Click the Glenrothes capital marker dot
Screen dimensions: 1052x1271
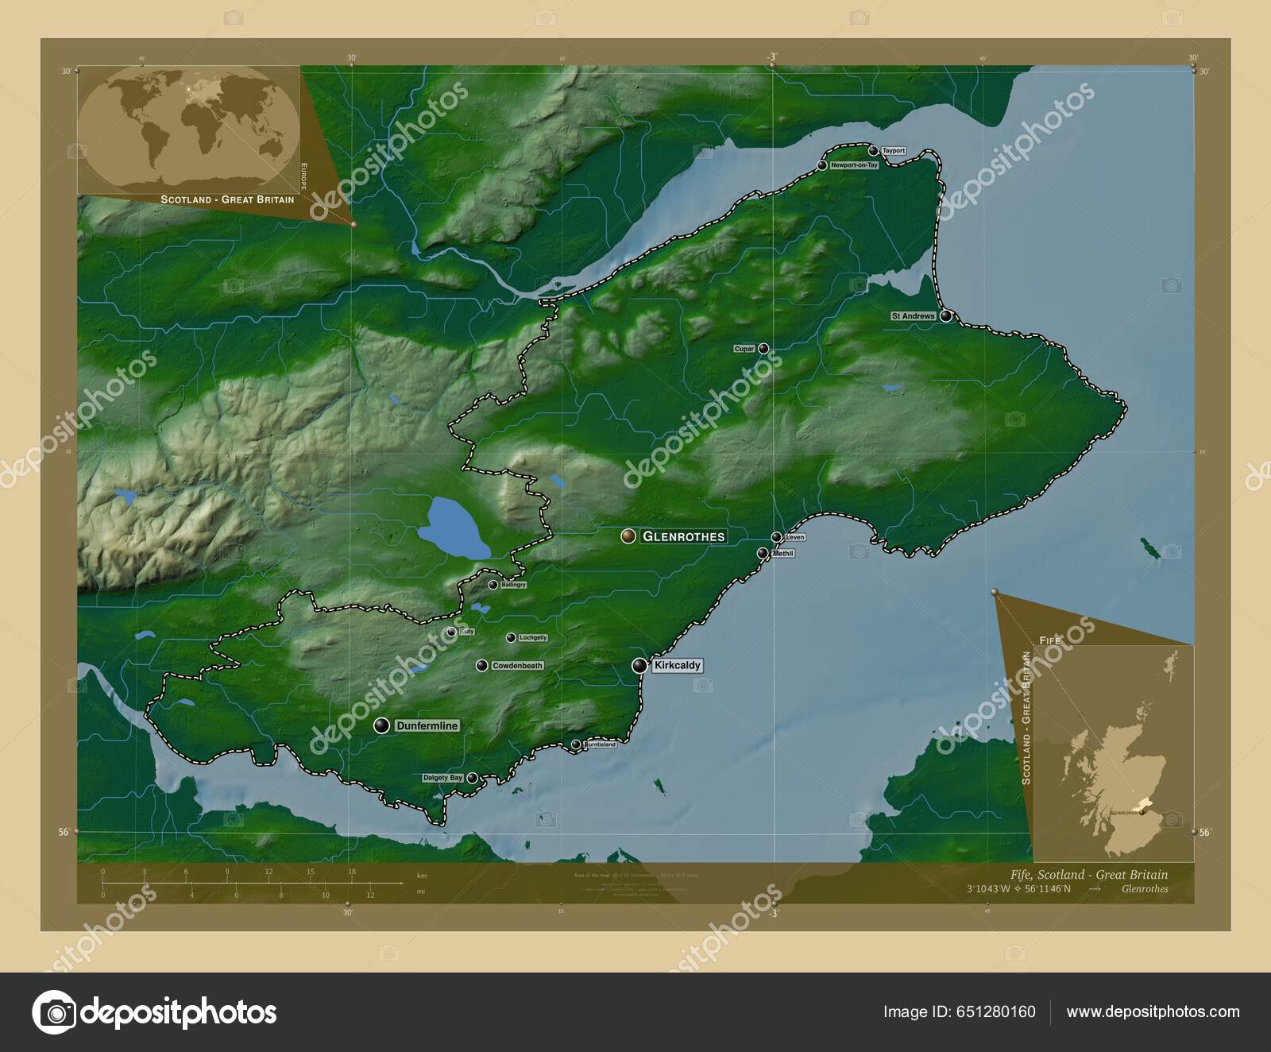click(628, 536)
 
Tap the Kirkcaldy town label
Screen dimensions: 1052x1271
click(677, 666)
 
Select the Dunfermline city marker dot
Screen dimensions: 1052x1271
click(382, 725)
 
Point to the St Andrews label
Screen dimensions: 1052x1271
click(913, 316)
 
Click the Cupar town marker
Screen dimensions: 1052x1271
click(763, 348)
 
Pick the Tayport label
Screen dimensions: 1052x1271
click(893, 151)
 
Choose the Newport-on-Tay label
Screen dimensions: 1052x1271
click(854, 166)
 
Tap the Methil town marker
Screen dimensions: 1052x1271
click(763, 553)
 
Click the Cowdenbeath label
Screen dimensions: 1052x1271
click(517, 666)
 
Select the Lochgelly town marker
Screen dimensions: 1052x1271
click(511, 637)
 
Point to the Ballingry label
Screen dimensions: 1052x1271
click(512, 585)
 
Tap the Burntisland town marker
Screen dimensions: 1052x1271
click(575, 745)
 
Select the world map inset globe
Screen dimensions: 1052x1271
click(190, 129)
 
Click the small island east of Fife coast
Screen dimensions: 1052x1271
click(1149, 547)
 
